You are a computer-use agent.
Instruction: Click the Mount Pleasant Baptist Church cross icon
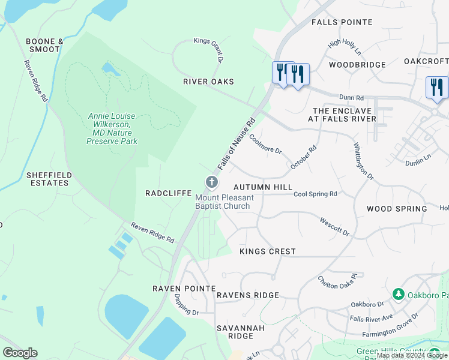(x=211, y=182)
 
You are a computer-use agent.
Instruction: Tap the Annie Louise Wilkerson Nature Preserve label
(x=112, y=128)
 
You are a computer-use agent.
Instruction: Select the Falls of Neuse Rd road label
(x=237, y=145)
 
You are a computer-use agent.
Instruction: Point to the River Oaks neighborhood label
(x=209, y=82)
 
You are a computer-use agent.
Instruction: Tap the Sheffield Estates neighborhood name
(x=49, y=179)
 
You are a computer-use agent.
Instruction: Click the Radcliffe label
(x=168, y=193)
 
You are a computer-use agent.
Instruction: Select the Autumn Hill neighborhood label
(x=263, y=188)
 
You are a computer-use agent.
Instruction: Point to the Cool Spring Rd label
(x=315, y=194)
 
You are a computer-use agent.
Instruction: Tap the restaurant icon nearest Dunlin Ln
(x=436, y=88)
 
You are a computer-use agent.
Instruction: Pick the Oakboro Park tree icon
(x=397, y=294)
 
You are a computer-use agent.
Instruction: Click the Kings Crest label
(x=267, y=251)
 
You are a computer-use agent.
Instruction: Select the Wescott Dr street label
(x=334, y=226)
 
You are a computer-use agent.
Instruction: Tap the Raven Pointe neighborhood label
(x=184, y=289)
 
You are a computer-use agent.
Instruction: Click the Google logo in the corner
(x=20, y=352)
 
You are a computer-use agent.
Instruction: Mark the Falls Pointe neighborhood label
(x=342, y=22)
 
